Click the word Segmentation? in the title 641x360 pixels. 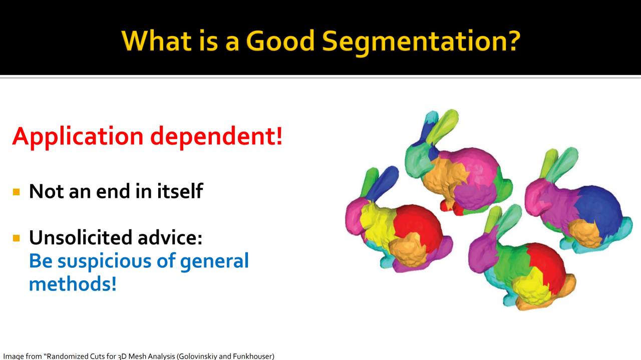421,42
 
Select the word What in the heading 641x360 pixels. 157,41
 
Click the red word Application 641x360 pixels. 78,137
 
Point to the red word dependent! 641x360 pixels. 216,137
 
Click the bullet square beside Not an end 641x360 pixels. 17,192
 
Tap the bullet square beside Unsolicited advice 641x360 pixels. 17,238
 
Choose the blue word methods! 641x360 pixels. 73,284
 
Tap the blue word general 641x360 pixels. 214,262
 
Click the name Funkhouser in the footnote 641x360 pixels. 253,356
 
